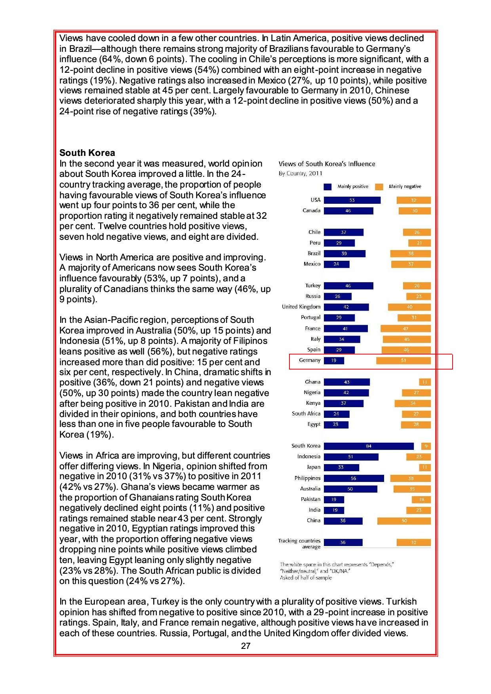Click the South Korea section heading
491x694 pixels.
87,153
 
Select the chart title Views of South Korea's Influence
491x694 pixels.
327,164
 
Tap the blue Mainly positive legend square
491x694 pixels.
328,187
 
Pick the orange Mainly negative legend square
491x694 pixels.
379,187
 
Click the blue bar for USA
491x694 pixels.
352,200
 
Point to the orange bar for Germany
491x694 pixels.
403,360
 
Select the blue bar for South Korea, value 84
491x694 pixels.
369,446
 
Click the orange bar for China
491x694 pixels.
404,521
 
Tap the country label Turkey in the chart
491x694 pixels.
313,286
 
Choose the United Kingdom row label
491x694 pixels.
301,307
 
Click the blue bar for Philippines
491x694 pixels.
354,478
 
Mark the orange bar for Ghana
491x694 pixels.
425,382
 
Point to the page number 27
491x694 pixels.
246,646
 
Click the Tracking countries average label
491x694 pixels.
299,544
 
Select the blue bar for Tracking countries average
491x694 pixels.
343,542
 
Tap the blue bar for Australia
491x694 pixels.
350,489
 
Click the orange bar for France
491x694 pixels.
405,328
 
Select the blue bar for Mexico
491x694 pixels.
337,264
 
